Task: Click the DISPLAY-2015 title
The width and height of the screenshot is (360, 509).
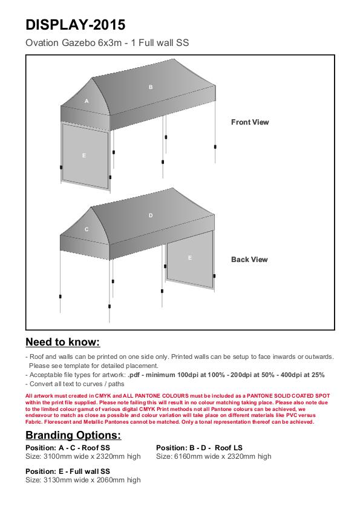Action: point(75,25)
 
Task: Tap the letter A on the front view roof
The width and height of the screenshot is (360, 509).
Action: point(87,101)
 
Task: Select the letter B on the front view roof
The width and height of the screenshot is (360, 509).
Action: point(151,87)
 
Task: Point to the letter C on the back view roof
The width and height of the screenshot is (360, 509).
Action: point(87,229)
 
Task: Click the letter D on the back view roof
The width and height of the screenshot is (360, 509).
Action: point(151,215)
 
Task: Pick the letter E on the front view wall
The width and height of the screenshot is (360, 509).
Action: point(84,156)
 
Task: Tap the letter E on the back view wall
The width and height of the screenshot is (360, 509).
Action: point(190,258)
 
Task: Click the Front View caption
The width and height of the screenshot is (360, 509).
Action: point(250,122)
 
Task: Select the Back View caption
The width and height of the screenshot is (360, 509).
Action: point(249,260)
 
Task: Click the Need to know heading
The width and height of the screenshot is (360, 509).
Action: point(63,342)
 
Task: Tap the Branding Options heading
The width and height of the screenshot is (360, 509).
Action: point(73,435)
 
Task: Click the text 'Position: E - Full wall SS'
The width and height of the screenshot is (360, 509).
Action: point(68,471)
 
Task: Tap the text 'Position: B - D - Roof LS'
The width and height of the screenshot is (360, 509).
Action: point(199,448)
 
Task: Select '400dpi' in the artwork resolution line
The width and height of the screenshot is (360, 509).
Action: point(292,375)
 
